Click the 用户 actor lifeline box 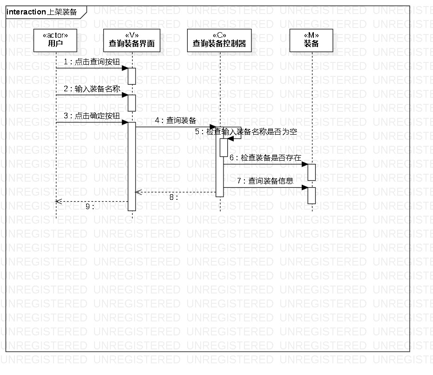(x=56, y=40)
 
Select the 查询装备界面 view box (x=132, y=40)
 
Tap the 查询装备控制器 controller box (x=219, y=40)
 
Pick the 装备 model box (x=311, y=40)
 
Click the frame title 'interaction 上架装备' (x=42, y=12)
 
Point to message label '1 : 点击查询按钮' (x=88, y=61)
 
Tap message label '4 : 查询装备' (x=176, y=120)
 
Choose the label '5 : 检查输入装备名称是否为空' (x=246, y=132)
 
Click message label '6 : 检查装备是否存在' (x=265, y=157)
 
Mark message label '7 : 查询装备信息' (x=265, y=181)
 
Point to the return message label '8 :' (x=174, y=197)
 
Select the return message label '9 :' (x=90, y=206)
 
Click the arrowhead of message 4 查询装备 (x=213, y=127)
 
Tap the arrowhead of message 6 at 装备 (x=305, y=164)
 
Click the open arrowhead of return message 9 (x=58, y=201)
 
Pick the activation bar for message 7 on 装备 (x=311, y=195)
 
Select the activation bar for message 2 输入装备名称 (x=132, y=103)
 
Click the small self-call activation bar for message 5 (x=223, y=148)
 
